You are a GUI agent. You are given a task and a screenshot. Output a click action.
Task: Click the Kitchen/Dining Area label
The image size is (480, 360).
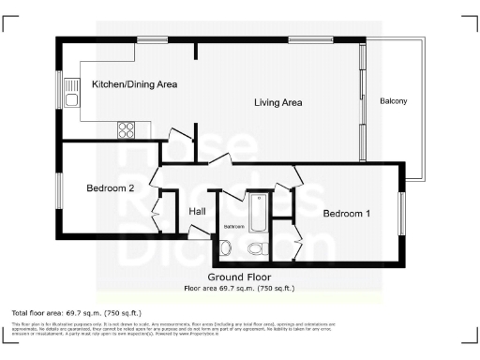click(x=134, y=84)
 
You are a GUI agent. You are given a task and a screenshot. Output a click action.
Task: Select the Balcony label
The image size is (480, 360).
click(x=393, y=101)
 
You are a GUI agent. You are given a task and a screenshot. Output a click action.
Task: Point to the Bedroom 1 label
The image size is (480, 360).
click(x=347, y=214)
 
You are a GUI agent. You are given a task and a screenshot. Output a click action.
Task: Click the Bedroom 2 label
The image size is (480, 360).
click(x=112, y=188)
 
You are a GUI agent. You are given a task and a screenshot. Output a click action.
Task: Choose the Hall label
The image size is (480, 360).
click(x=197, y=212)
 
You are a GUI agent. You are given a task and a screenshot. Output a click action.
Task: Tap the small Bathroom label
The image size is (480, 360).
click(x=233, y=227)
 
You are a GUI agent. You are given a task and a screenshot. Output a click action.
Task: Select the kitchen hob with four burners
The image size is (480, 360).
click(x=127, y=129)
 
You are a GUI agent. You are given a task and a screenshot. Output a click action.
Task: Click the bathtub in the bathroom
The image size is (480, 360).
click(x=258, y=211)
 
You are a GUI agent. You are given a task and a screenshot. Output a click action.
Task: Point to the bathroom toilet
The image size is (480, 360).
click(x=256, y=247)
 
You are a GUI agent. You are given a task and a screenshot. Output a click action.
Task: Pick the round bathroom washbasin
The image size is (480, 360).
click(x=226, y=247)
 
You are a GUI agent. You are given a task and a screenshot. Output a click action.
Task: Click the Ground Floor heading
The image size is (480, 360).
click(x=240, y=277)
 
